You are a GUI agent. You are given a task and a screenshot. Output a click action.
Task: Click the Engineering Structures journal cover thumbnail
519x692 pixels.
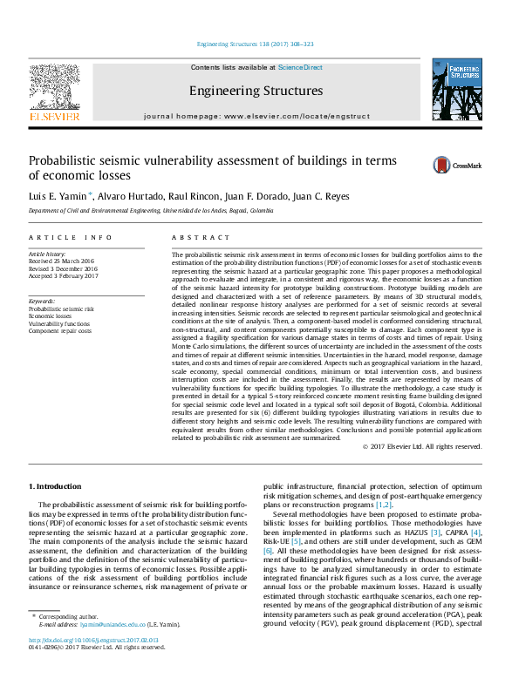pos(456,92)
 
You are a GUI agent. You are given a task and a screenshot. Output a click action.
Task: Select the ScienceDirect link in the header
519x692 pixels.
pos(300,67)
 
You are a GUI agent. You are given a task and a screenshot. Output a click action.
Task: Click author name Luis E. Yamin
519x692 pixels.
pos(58,196)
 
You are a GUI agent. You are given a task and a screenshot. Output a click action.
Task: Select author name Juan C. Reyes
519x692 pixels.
pos(300,196)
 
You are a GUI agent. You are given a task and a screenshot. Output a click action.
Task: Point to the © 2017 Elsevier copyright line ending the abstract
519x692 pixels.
pos(421,446)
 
